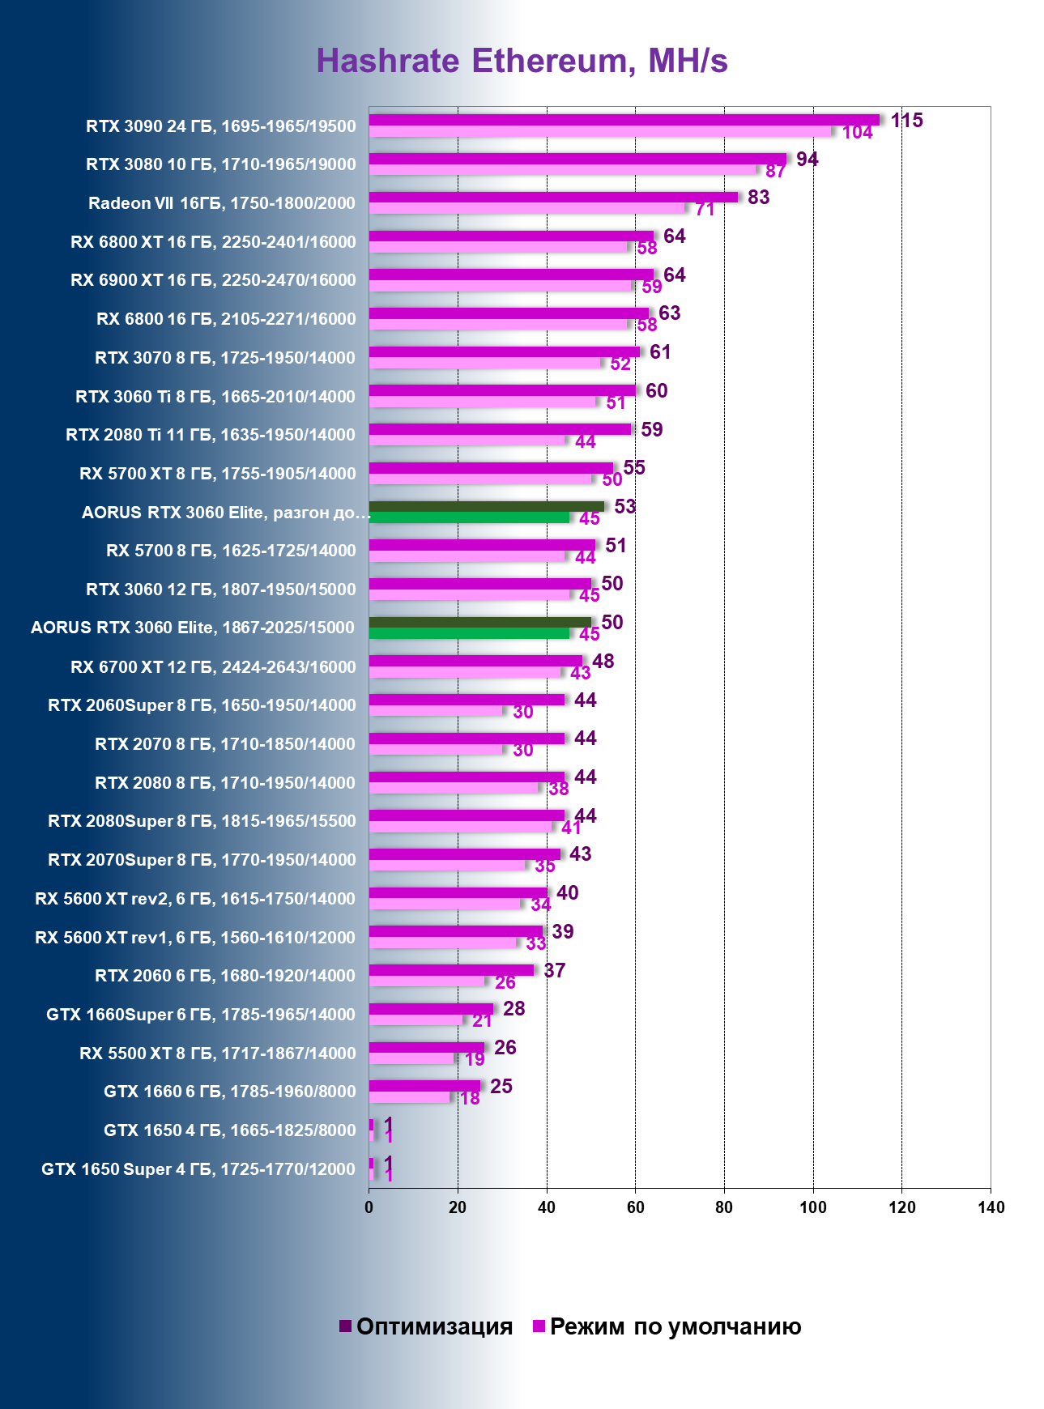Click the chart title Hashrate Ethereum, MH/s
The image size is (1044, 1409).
coord(522,61)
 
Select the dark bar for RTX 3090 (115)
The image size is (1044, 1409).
coord(624,120)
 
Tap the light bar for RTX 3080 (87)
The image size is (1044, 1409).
coord(563,170)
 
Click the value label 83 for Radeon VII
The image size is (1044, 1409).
coord(758,198)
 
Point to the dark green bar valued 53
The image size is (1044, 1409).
coord(486,506)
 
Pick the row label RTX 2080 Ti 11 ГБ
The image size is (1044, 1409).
coord(211,435)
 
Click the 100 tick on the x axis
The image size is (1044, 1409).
coord(812,1207)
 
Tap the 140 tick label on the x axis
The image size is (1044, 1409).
coord(991,1207)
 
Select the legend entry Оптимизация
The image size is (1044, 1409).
coord(426,1326)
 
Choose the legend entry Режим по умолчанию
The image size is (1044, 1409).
coord(667,1326)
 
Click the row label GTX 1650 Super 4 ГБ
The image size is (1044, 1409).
coord(198,1169)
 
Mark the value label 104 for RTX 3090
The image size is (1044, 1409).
coord(857,133)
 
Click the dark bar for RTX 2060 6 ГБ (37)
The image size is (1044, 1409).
coord(451,970)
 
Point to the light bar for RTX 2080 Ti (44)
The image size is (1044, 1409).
coord(467,441)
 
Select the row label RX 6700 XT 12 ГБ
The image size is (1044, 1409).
coord(213,667)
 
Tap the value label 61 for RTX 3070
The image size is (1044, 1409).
coord(660,352)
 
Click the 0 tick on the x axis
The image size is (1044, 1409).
coord(369,1207)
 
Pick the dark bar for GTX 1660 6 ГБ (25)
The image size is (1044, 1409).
coord(424,1086)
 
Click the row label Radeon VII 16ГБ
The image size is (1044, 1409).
coord(222,203)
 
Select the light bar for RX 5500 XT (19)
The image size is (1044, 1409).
coord(411,1058)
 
